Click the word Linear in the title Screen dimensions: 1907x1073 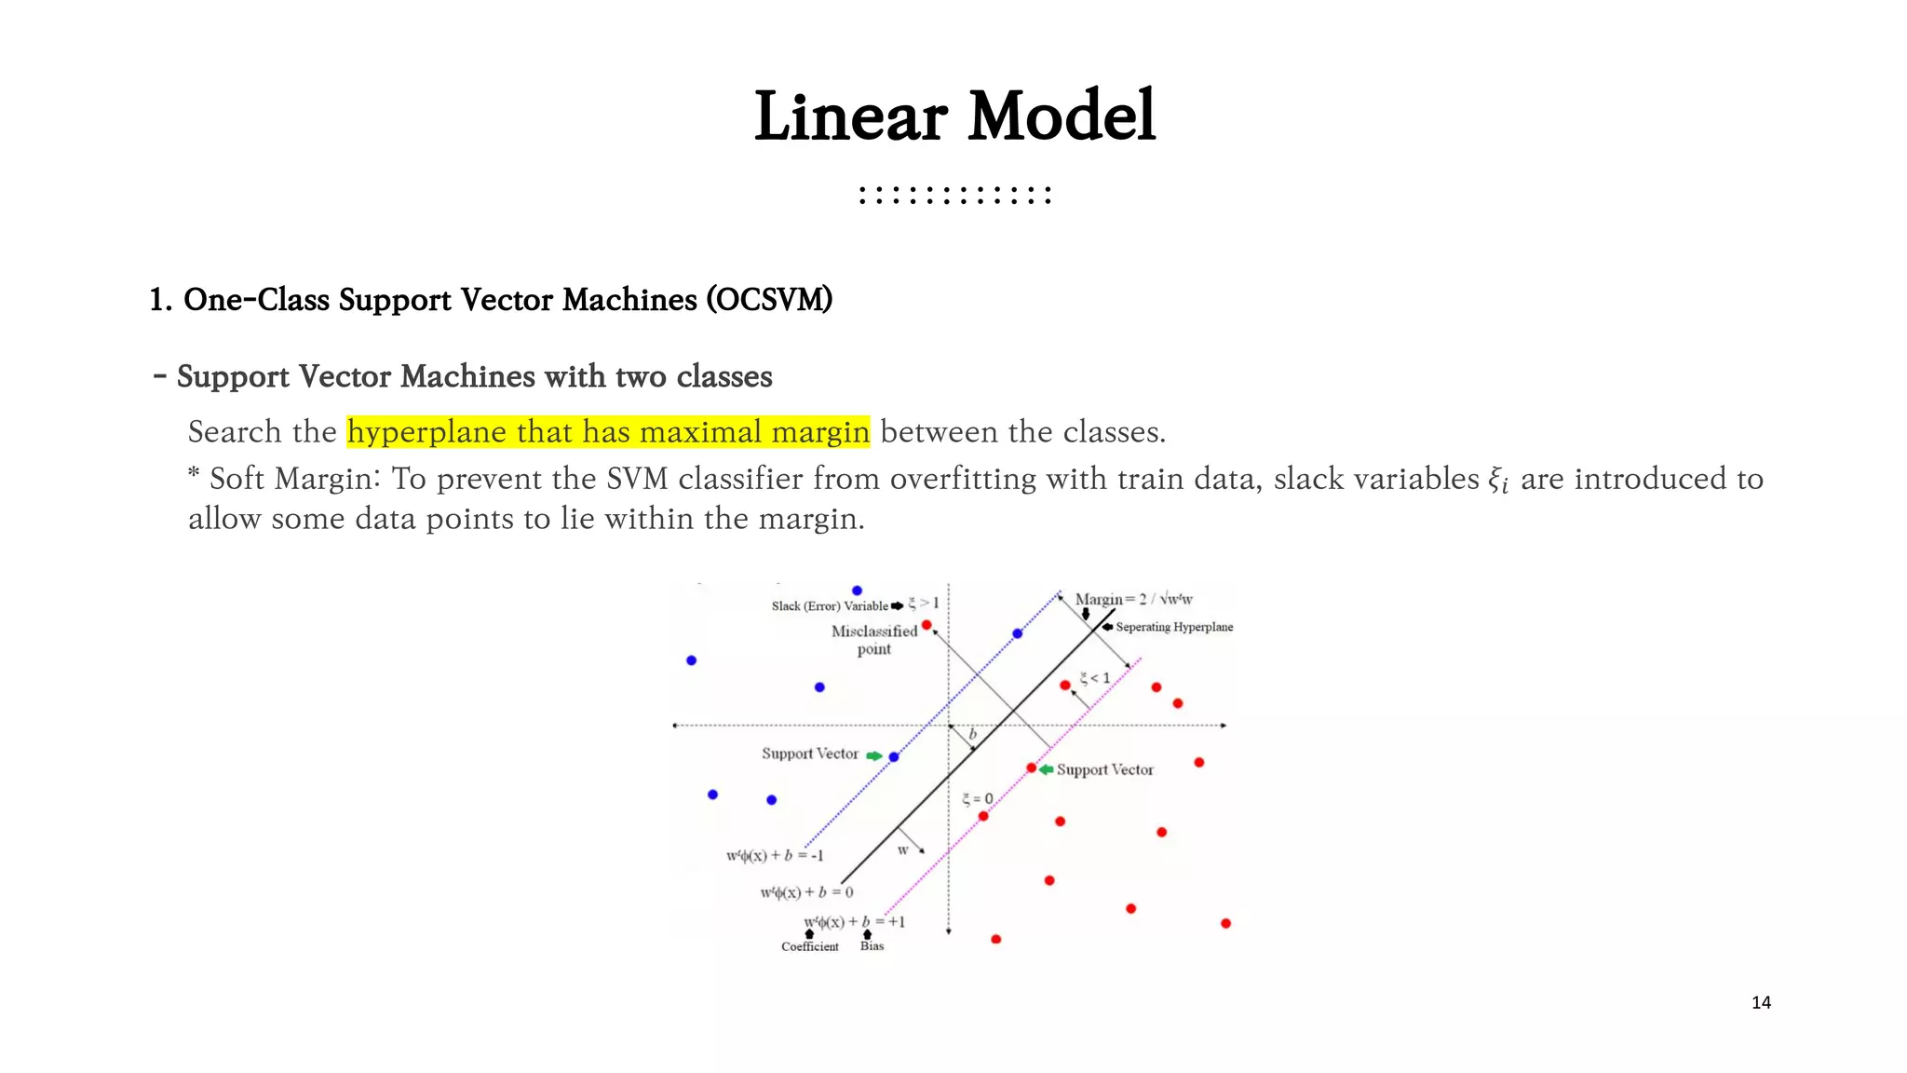point(850,116)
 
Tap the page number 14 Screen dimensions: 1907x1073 point(1761,1002)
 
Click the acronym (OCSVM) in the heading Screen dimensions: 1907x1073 point(768,300)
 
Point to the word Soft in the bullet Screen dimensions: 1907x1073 point(237,479)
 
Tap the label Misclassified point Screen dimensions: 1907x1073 point(874,639)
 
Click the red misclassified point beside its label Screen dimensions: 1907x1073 point(926,625)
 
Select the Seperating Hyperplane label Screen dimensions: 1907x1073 point(1173,627)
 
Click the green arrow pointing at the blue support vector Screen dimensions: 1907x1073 point(873,755)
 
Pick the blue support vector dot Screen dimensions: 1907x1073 point(894,757)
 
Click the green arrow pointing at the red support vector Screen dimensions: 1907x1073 point(1047,769)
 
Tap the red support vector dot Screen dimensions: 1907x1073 point(1031,768)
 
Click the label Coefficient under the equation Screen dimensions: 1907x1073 point(809,946)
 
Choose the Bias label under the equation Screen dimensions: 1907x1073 point(872,946)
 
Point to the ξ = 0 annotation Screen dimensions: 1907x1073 point(977,799)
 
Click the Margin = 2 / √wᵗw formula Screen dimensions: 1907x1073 point(1133,599)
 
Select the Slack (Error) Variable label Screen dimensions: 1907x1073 point(829,606)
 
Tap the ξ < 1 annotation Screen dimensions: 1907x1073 point(1094,678)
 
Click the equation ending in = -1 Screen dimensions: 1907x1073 point(775,856)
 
